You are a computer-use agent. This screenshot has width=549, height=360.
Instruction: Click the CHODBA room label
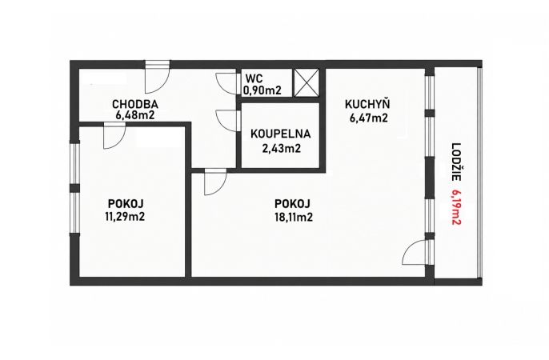point(135,104)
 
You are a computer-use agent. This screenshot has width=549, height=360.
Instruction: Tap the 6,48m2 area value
point(135,115)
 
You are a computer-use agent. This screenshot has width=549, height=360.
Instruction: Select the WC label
point(254,78)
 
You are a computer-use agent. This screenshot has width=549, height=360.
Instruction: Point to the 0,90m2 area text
point(262,90)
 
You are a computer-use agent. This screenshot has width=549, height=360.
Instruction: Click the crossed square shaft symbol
point(307,82)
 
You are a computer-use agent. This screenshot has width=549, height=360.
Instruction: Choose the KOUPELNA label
point(281,134)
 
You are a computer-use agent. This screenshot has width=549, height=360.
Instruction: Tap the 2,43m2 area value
point(282,149)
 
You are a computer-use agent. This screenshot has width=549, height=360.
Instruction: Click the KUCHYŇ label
point(367,104)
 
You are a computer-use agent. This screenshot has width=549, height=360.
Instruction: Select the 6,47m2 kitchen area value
point(368,118)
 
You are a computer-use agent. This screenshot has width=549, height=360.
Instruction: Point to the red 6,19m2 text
point(455,208)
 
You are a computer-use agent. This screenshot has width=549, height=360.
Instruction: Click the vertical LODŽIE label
point(455,162)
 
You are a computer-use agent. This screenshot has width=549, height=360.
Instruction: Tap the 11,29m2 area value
point(125,217)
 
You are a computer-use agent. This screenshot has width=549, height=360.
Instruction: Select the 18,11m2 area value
point(294,218)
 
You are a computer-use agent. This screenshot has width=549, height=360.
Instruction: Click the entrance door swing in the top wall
point(158,78)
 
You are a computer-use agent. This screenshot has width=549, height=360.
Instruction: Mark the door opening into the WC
point(226,84)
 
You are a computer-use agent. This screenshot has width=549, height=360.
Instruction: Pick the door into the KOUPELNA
point(226,121)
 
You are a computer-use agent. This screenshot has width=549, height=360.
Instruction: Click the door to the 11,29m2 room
point(114,136)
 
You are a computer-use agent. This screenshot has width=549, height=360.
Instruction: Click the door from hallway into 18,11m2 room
point(216,182)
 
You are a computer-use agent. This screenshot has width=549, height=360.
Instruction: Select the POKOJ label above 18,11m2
point(293,203)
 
